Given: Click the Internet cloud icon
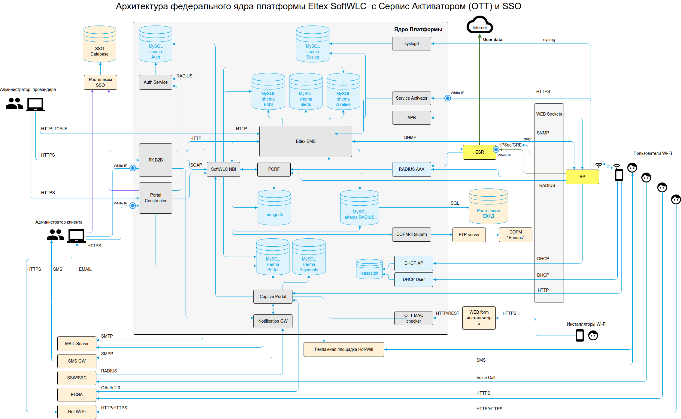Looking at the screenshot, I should pos(480,25).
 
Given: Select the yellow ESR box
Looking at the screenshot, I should pos(479,152).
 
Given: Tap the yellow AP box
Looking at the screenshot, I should pos(582,177).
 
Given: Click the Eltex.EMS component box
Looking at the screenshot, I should pos(305,141).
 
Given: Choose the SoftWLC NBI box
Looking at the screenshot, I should pos(223,169).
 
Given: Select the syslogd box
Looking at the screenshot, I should pos(411,44).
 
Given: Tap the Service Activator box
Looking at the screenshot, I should pos(411,98).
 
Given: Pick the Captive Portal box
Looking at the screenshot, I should pos(273,297).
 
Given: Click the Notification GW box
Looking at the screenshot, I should pos(273,321).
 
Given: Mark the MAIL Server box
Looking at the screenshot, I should pos(77,344).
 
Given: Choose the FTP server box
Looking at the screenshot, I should pos(469,235).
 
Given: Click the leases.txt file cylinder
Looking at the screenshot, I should pos(369,269).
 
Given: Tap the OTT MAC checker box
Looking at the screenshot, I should pos(413,318).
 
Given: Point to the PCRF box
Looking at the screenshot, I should pos(274,169).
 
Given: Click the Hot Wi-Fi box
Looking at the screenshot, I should pos(77,412).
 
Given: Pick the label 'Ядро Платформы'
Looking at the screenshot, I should pos(418,29).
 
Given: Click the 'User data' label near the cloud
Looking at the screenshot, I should pos(492,40).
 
